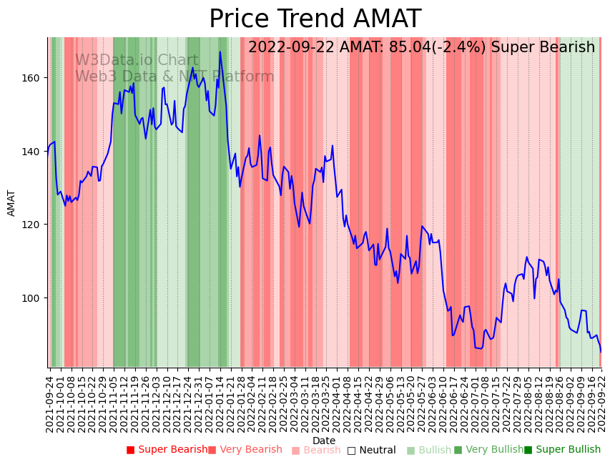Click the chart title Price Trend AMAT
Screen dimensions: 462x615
tap(315, 19)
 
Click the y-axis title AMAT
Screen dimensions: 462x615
tap(11, 203)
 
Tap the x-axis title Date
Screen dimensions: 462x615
tap(323, 441)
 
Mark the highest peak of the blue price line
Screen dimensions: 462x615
tap(220, 51)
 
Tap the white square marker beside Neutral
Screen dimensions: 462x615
tap(351, 451)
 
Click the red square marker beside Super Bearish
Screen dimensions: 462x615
tap(130, 450)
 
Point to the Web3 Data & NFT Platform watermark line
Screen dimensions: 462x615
tap(174, 77)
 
